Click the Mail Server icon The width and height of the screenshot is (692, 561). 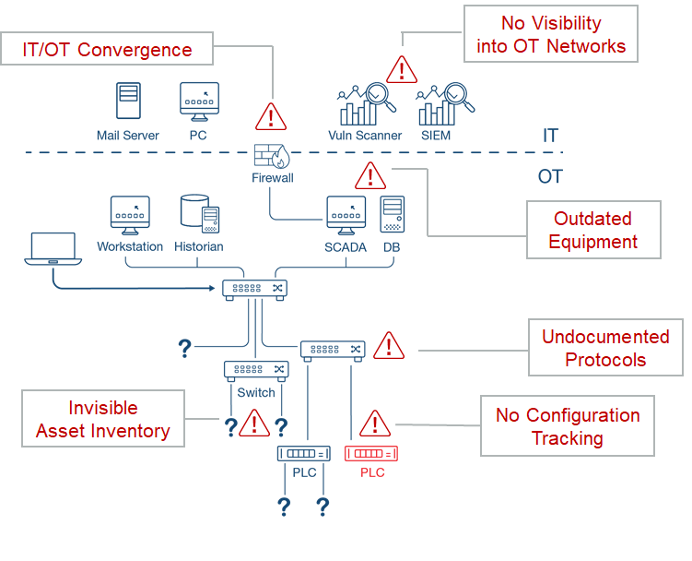point(128,101)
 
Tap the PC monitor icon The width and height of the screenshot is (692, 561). point(200,101)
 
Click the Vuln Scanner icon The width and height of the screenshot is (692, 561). point(366,104)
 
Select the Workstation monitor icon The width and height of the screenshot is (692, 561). point(130,215)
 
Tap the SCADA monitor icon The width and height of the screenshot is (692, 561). point(346,215)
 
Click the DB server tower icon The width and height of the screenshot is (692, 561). point(393,214)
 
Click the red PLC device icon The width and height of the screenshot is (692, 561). point(372,453)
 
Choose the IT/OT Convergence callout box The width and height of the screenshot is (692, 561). point(108,50)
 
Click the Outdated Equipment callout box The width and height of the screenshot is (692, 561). point(593,231)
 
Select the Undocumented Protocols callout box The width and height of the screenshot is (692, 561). point(605,348)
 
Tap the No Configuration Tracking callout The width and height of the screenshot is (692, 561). point(567,426)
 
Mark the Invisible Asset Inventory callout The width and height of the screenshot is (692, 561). point(102,419)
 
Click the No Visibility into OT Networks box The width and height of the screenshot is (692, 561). point(550,34)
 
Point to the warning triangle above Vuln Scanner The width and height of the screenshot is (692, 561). point(401,69)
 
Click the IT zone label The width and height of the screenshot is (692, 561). point(550,136)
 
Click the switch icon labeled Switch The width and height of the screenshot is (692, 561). point(256,369)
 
